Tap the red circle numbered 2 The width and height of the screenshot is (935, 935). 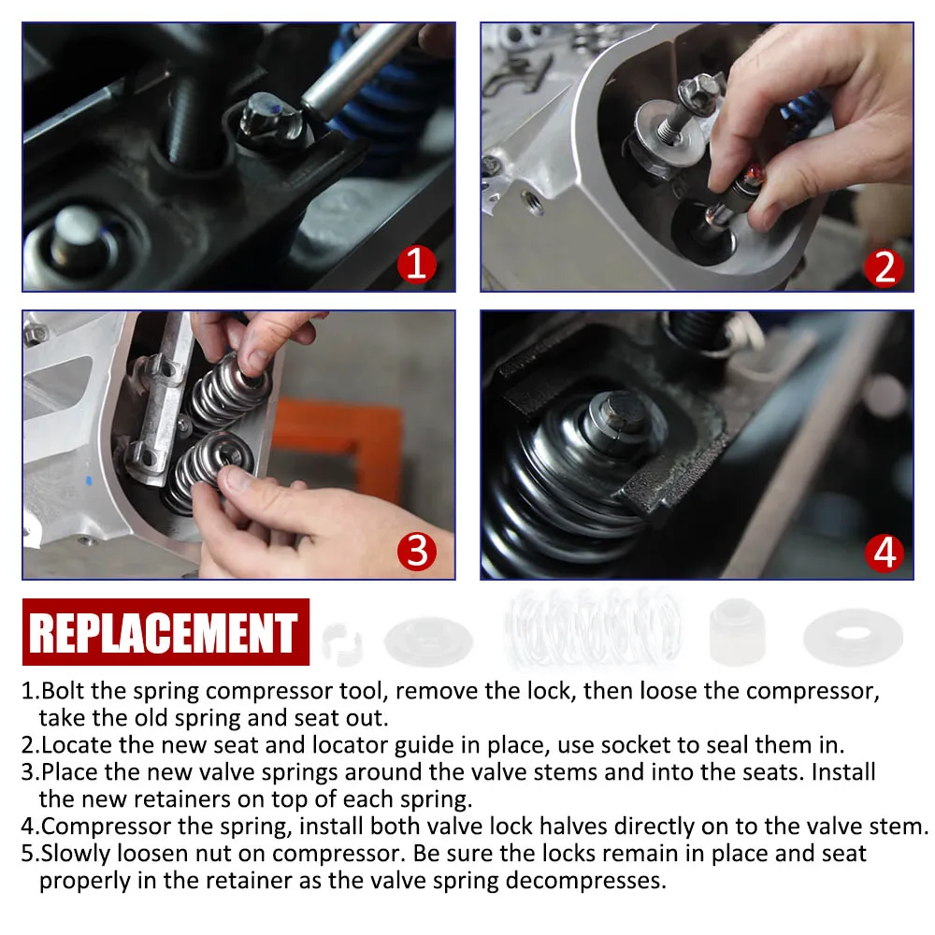coord(885,267)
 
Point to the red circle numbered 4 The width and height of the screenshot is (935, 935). coord(885,553)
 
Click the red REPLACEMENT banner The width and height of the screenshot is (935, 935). coord(165,631)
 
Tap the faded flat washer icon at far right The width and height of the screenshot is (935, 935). coord(853,636)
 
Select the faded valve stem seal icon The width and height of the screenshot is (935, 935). coord(737,631)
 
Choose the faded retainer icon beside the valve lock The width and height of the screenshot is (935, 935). coord(428,641)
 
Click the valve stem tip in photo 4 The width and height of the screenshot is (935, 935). coord(623,411)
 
